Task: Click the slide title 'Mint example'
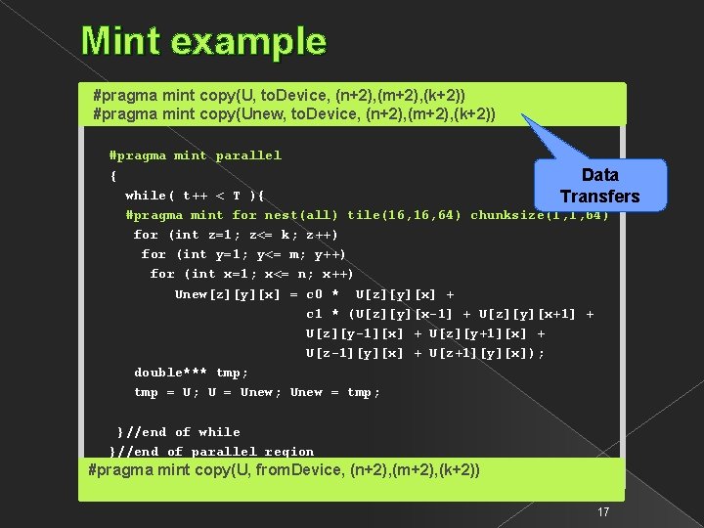[x=203, y=41]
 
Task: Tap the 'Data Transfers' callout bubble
[x=599, y=185]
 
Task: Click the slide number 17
[x=603, y=512]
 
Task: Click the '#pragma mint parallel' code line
[x=196, y=155]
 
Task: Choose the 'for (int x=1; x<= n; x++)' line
[x=251, y=274]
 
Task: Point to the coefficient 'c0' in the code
[x=314, y=294]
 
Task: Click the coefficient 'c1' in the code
[x=314, y=314]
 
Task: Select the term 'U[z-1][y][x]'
[x=355, y=353]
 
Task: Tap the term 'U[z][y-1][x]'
[x=355, y=333]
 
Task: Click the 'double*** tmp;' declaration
[x=191, y=373]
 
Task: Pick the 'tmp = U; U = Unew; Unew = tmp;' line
[x=257, y=392]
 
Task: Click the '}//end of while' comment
[x=178, y=432]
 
